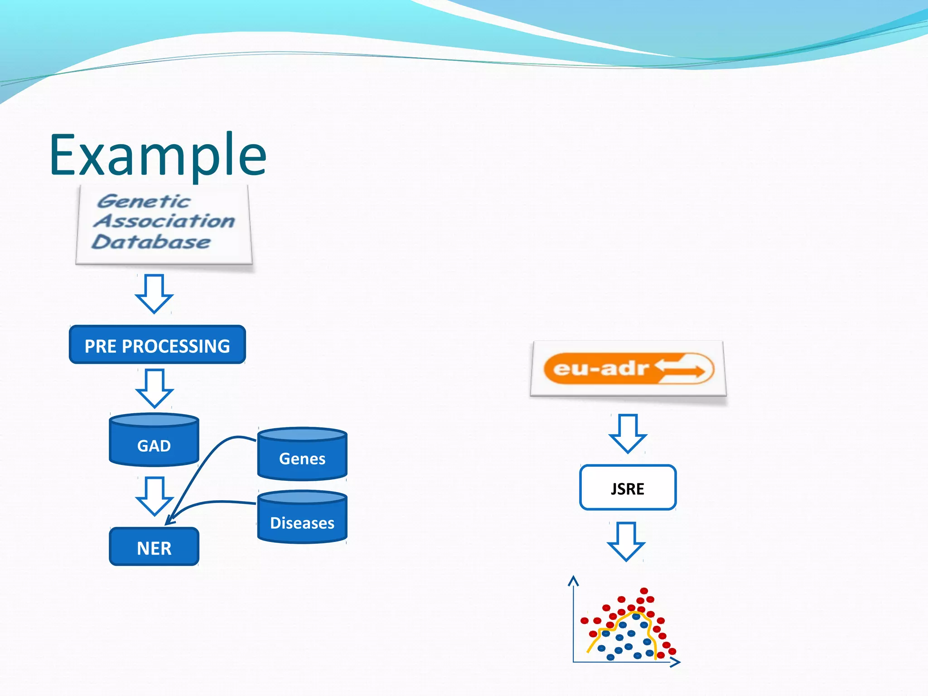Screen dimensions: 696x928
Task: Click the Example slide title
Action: click(x=158, y=155)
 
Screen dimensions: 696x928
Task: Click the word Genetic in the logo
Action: click(x=144, y=201)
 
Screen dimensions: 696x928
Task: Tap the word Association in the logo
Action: click(x=164, y=221)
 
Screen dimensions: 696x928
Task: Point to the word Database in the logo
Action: click(x=151, y=242)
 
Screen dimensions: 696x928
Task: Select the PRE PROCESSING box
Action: click(x=157, y=345)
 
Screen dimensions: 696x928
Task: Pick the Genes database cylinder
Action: click(x=302, y=454)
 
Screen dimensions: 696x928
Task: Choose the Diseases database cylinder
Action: click(x=302, y=518)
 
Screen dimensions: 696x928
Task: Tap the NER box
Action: click(x=154, y=547)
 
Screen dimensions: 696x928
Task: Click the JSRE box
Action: click(x=628, y=488)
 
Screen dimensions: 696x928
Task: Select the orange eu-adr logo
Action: click(x=628, y=368)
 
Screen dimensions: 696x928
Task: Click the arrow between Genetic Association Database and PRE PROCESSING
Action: click(x=154, y=294)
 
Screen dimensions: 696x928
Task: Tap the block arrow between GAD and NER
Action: click(x=155, y=496)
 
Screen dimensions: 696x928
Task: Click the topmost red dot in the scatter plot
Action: click(x=644, y=591)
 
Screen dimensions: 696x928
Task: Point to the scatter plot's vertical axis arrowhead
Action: click(x=574, y=580)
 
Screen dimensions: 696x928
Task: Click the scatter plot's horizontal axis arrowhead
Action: click(x=676, y=662)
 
